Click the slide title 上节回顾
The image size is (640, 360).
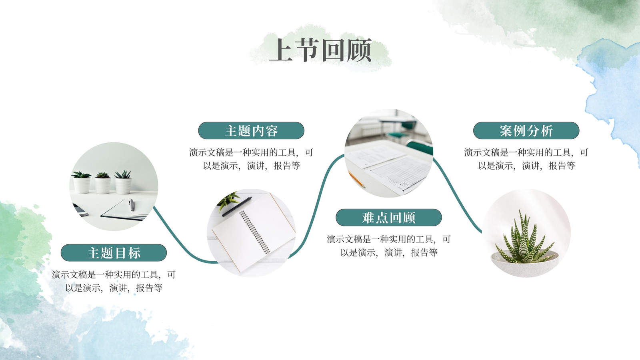tap(320, 50)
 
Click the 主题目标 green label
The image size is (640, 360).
tap(114, 252)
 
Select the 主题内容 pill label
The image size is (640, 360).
tap(251, 130)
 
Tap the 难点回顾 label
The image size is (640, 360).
tap(388, 218)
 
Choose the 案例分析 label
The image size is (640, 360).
tap(526, 130)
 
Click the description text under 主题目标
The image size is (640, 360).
tap(114, 281)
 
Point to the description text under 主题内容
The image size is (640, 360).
tap(251, 159)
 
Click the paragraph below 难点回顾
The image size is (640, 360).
tap(388, 246)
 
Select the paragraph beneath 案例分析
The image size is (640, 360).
tap(526, 159)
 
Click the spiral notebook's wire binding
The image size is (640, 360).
tap(254, 232)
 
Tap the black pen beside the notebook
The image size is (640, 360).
tap(237, 206)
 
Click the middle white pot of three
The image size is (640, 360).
tap(102, 186)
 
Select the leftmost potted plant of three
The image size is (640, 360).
tap(82, 182)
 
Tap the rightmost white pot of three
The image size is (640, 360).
tap(123, 186)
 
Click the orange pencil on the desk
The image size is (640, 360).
tap(356, 179)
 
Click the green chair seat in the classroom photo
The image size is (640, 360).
tap(398, 135)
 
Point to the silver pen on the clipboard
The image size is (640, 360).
tap(131, 205)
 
